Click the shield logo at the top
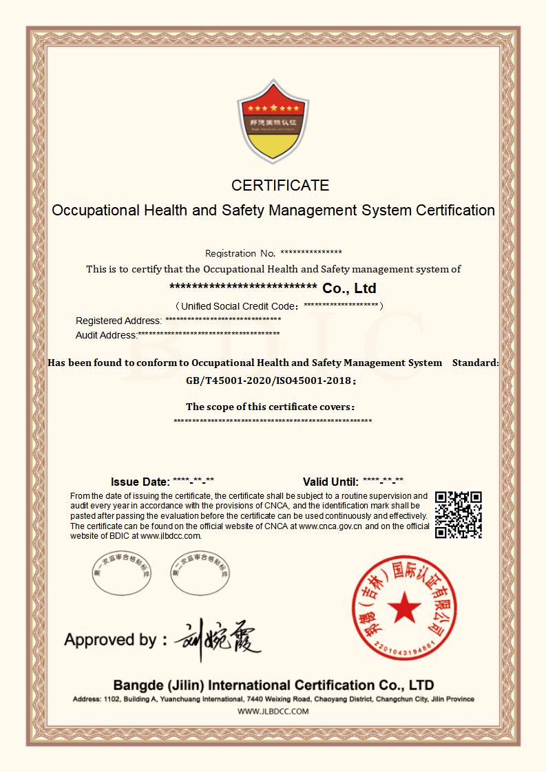point(273,122)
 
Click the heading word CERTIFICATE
point(280,185)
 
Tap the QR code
point(459,515)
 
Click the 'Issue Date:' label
point(140,482)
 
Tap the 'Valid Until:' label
point(330,482)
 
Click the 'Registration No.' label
point(240,253)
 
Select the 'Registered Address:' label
point(118,321)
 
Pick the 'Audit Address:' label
point(107,335)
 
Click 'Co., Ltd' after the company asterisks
point(349,288)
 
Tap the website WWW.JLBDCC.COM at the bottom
point(273,711)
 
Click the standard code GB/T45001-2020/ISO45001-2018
point(269,380)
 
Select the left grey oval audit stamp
point(121,574)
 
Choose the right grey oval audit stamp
point(199,574)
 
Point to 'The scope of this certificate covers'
point(270,407)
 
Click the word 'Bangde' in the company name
point(138,685)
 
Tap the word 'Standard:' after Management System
point(475,363)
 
